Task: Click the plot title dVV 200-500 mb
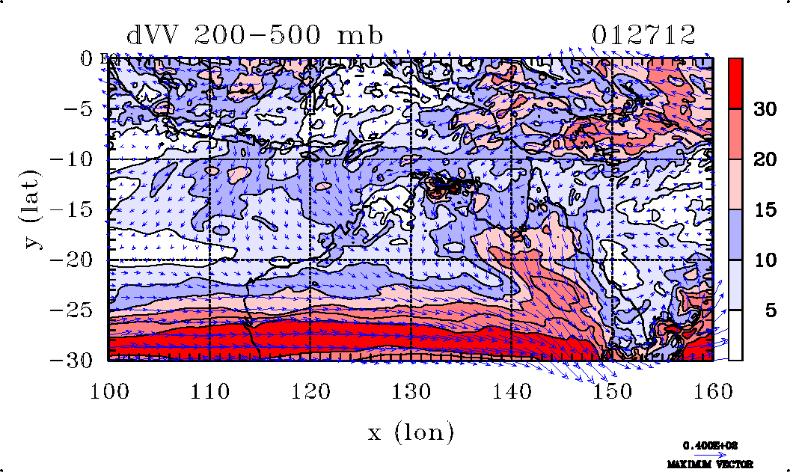tap(255, 35)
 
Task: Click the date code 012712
tap(643, 35)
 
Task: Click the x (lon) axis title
tap(411, 432)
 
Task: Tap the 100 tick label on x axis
tap(108, 390)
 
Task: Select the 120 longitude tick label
tap(310, 390)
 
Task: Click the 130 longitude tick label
tap(411, 390)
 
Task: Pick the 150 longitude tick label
tap(613, 390)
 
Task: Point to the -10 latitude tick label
tap(73, 159)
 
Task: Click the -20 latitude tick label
tap(73, 260)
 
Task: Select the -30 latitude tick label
tap(73, 361)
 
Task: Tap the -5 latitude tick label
tap(80, 109)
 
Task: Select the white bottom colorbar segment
tap(735, 335)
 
